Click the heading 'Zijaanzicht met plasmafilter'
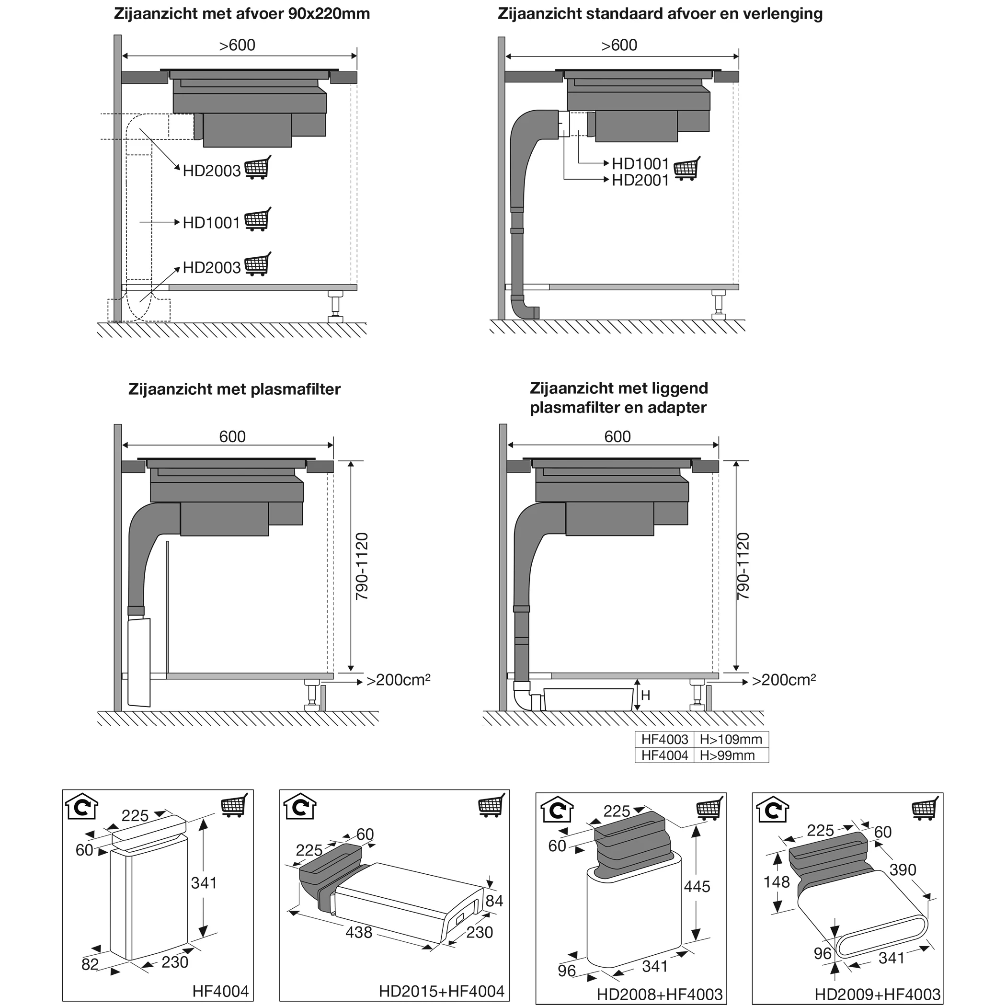point(234,389)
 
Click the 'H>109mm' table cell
point(731,739)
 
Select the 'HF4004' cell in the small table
point(664,755)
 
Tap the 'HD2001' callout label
point(640,181)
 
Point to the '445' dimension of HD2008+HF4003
point(697,886)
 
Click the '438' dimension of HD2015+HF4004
point(359,932)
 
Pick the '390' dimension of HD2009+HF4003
point(903,869)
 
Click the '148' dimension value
point(777,881)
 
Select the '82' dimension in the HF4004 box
point(90,964)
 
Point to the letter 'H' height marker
point(646,695)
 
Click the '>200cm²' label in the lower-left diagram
point(399,680)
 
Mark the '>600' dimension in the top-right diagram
point(618,46)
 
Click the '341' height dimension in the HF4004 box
point(204,882)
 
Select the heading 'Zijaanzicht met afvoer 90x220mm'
point(241,13)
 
